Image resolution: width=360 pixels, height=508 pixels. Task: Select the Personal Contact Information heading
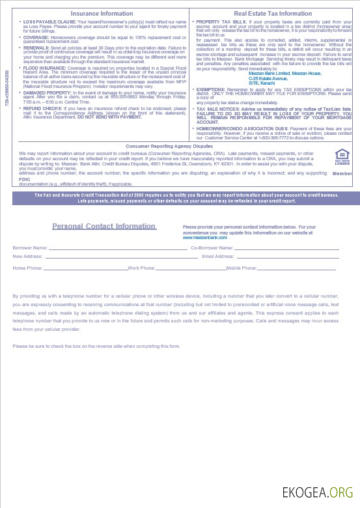[x=104, y=227]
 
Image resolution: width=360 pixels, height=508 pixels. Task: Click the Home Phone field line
[x=85, y=268]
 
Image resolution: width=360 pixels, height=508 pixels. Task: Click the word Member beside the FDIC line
[x=342, y=174]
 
